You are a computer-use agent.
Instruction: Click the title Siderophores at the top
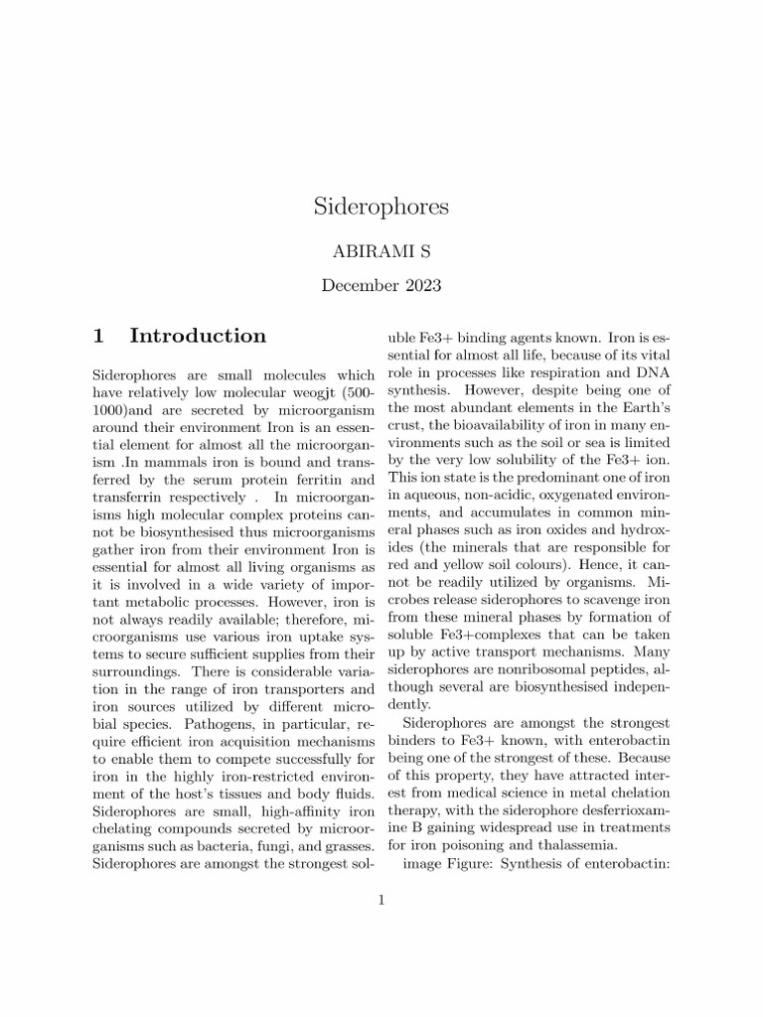[x=381, y=207]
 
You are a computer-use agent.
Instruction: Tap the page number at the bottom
[x=381, y=901]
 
